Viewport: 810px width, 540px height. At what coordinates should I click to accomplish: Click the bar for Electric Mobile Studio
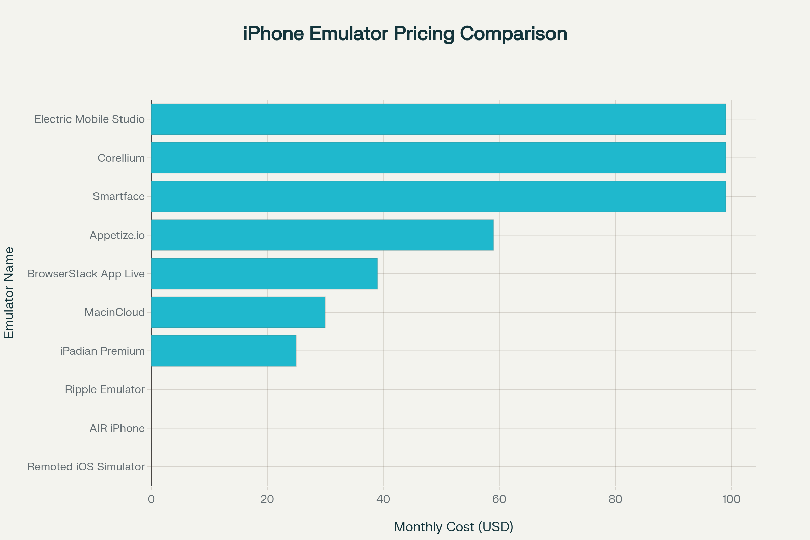[x=438, y=119]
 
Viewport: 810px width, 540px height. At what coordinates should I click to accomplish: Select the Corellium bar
[x=438, y=158]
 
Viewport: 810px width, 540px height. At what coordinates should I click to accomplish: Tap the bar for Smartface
[x=438, y=196]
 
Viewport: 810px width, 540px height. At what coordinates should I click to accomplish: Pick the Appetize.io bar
[x=322, y=235]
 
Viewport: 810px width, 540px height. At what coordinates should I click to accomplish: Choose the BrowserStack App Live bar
[x=264, y=273]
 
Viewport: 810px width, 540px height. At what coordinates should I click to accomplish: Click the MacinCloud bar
[x=238, y=312]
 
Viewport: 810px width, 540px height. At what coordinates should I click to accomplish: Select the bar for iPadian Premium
[x=223, y=351]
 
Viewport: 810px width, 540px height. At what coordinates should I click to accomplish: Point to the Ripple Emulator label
[x=105, y=389]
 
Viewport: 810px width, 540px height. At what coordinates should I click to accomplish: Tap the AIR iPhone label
[x=117, y=428]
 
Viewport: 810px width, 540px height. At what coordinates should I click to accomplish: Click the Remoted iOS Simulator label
[x=86, y=467]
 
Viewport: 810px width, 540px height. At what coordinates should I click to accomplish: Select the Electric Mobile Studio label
[x=89, y=119]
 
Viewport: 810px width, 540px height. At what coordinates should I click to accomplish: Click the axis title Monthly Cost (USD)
[x=453, y=526]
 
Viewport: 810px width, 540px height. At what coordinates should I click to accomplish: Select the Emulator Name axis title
[x=9, y=293]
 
